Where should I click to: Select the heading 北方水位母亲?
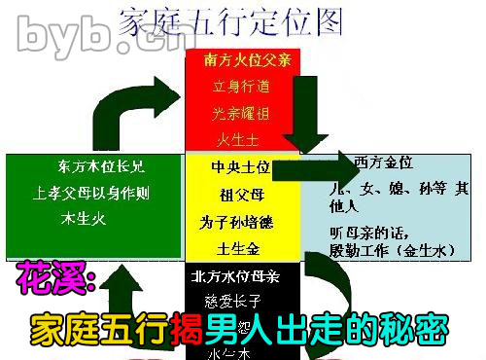click(x=237, y=276)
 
